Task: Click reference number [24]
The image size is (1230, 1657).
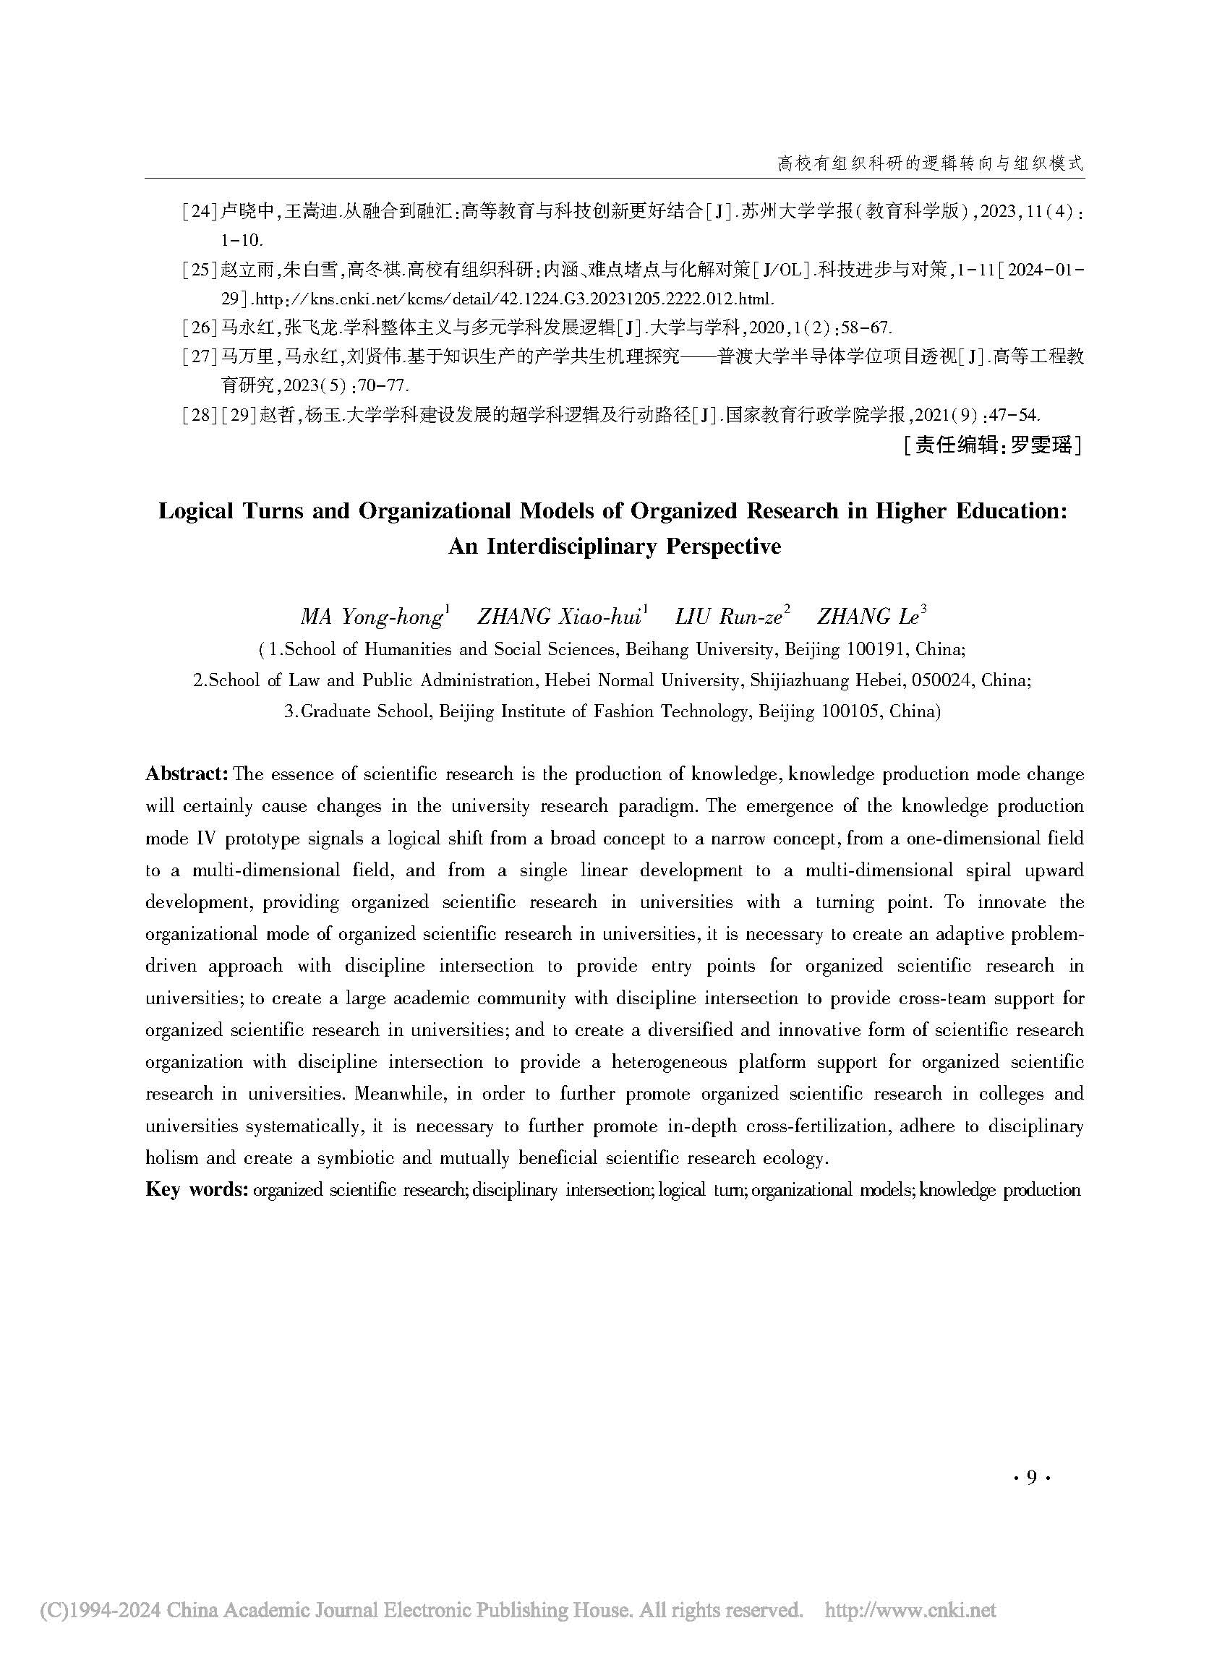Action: [x=200, y=211]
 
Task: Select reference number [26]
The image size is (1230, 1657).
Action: [x=200, y=327]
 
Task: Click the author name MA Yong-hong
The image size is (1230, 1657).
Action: [x=373, y=617]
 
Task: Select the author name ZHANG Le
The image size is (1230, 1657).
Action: [x=868, y=617]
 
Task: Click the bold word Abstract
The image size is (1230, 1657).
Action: [x=186, y=774]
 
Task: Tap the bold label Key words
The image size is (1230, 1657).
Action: [x=196, y=1189]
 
